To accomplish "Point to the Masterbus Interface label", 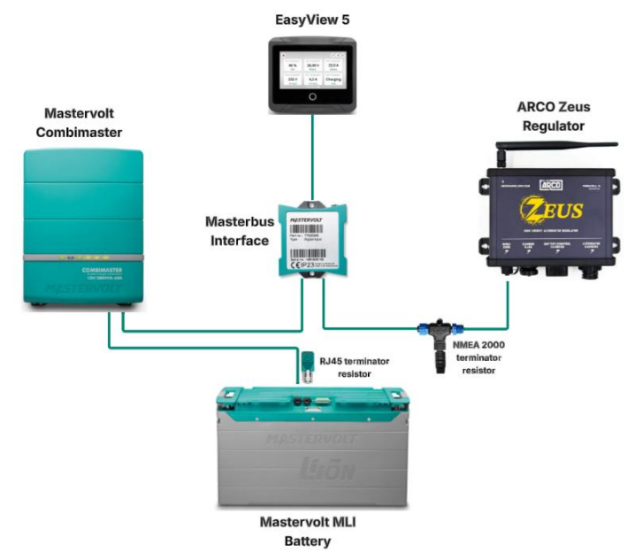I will point(237,228).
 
